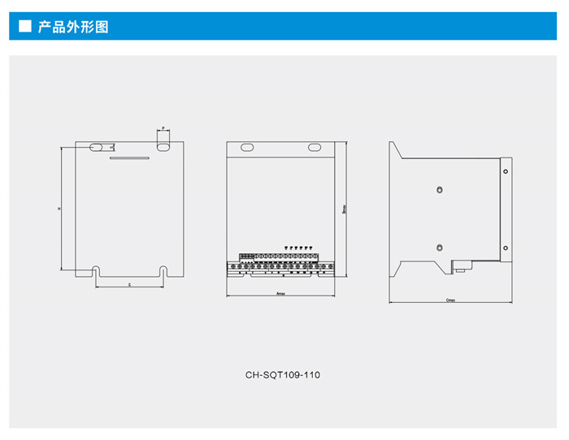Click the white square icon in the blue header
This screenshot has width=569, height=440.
pos(24,26)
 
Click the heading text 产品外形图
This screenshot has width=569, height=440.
pos(73,26)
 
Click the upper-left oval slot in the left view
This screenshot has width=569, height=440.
pos(96,147)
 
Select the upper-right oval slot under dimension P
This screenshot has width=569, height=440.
pos(163,147)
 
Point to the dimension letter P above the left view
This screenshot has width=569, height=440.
pos(163,128)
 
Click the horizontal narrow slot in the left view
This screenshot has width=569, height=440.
pos(129,159)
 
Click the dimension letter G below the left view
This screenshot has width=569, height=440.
pos(129,286)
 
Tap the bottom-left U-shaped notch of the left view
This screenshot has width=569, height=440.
pos(96,270)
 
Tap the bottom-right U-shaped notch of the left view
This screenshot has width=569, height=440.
pos(163,270)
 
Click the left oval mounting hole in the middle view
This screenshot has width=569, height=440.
pos(246,148)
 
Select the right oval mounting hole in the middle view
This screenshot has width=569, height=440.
pos(315,148)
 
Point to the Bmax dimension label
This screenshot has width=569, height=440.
pos(345,209)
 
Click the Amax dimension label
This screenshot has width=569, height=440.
pos(281,293)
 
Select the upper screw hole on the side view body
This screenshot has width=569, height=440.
pos(439,189)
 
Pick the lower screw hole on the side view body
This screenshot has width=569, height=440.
pos(439,248)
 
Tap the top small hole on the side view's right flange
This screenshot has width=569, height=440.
pos(506,171)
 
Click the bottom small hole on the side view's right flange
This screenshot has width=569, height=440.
pos(506,248)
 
